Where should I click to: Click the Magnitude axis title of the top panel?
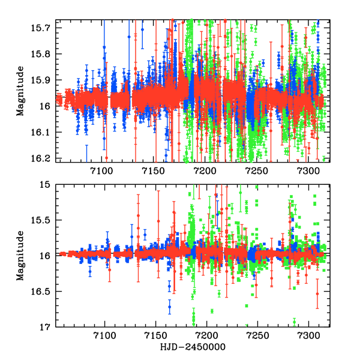click(20, 91)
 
